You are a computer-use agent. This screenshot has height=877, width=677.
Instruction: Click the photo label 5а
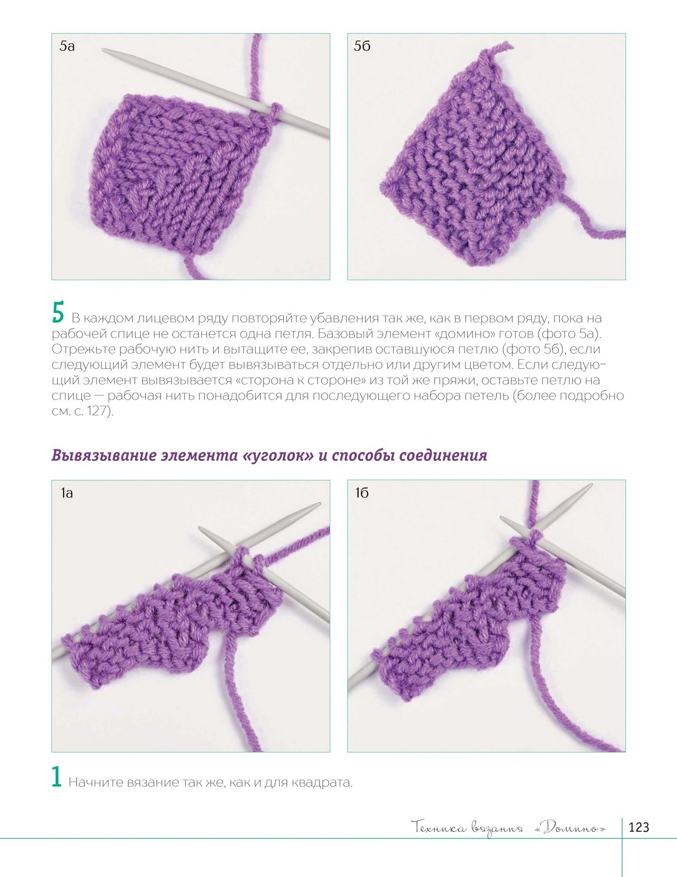tap(67, 46)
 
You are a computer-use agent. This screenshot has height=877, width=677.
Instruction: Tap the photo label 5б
tap(362, 46)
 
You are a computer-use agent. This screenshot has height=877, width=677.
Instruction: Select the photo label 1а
tap(67, 493)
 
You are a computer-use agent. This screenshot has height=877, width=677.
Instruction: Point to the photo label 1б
tap(362, 493)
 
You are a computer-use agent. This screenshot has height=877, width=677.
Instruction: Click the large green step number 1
tap(57, 776)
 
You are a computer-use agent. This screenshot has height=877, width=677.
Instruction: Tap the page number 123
tap(639, 828)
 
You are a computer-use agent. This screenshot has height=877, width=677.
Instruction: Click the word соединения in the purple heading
tap(443, 456)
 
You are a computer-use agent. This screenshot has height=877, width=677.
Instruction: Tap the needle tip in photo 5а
tap(104, 51)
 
